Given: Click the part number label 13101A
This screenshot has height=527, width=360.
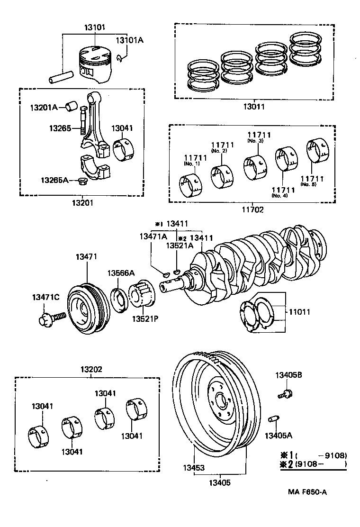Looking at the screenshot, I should click(129, 40).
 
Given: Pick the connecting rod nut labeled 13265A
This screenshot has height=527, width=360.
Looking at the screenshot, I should click(82, 181).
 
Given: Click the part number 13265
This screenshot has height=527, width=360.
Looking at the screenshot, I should click(60, 128).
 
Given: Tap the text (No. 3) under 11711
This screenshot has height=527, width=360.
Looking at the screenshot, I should click(256, 141).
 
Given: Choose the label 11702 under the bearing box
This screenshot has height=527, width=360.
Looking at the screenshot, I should click(252, 209).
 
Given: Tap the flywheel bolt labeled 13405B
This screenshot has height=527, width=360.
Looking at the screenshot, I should click(285, 393).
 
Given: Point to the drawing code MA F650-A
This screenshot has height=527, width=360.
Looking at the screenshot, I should click(307, 491).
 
